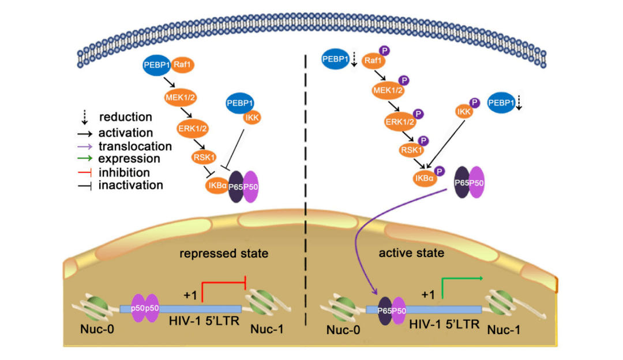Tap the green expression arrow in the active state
461,279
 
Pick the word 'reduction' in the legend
125,117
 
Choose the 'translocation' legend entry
135,147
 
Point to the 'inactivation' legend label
130,185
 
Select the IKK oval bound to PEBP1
252,118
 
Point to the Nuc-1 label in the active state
504,330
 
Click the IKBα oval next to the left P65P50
217,186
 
